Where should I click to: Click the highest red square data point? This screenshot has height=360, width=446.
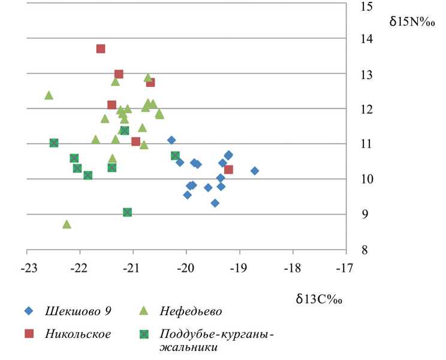tap(101, 49)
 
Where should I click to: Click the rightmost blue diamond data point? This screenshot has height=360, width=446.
tap(255, 171)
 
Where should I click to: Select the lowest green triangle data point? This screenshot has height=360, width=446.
tap(67, 224)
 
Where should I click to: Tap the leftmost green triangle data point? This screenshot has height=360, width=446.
tap(49, 95)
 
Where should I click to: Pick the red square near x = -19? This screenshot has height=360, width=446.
tap(228, 170)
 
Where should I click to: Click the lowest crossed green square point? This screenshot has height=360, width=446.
tap(127, 212)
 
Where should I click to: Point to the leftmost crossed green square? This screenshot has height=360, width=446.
tap(54, 143)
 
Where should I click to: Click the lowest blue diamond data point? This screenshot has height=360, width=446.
tap(215, 203)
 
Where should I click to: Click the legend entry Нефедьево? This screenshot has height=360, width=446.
tap(191, 310)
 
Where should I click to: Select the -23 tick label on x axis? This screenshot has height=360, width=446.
tap(26, 267)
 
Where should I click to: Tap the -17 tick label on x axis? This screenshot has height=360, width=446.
tap(346, 267)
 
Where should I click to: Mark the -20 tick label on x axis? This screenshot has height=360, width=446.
tap(186, 267)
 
